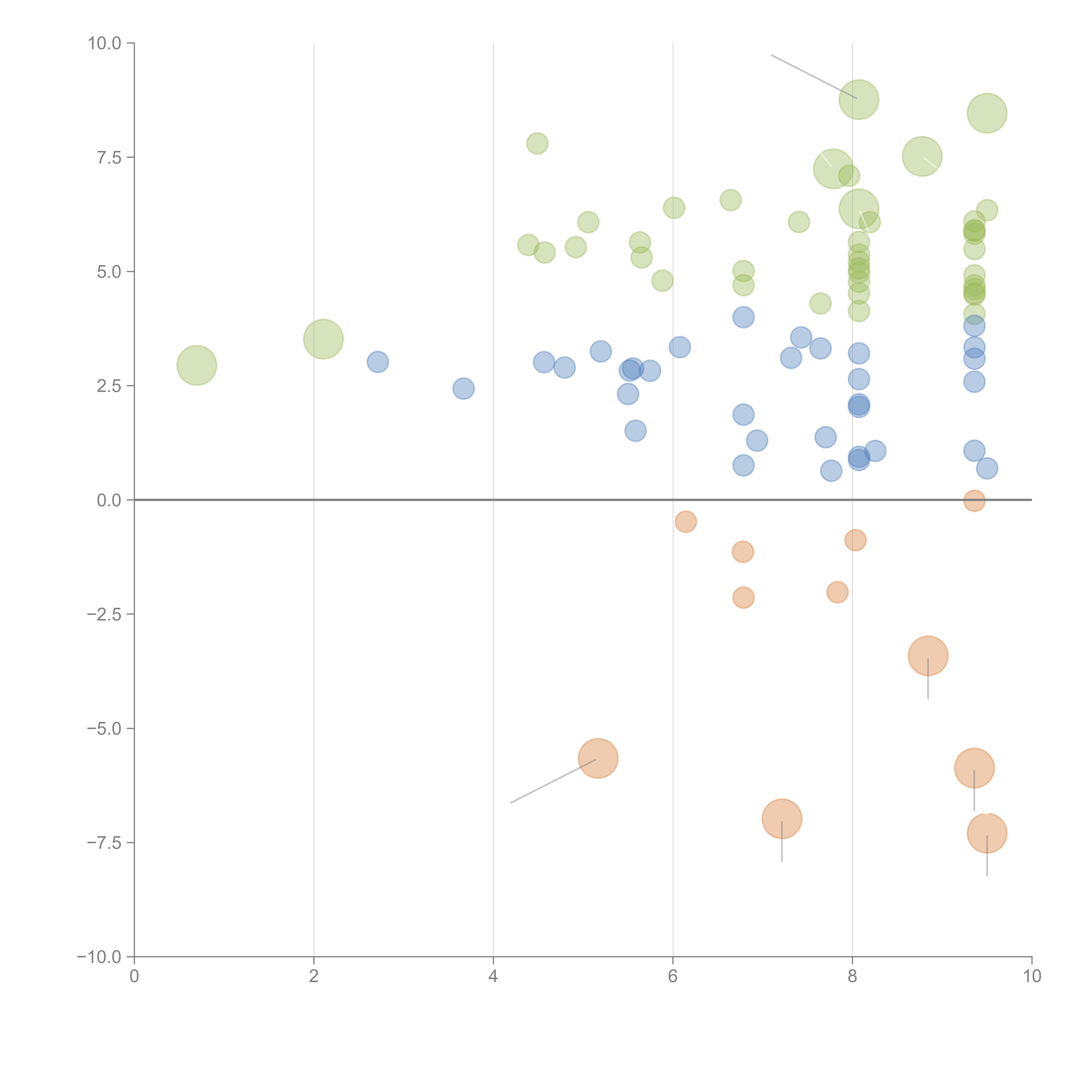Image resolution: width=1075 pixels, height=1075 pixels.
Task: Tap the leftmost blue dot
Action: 378,362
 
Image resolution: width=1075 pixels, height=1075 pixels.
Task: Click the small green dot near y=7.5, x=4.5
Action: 537,144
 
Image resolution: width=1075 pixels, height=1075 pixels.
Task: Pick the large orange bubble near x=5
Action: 598,758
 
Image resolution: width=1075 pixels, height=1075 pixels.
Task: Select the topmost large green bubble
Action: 858,100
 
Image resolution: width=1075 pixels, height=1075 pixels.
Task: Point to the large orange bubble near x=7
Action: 782,819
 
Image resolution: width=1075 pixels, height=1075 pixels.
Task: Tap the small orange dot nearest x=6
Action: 685,521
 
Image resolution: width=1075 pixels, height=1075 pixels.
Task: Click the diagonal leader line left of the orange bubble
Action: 554,781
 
